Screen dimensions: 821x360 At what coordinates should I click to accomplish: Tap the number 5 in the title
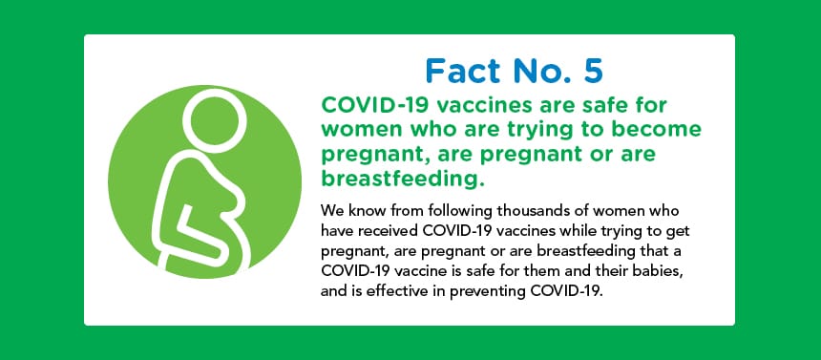pyautogui.click(x=594, y=71)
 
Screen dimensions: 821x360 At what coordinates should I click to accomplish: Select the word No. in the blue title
pyautogui.click(x=543, y=71)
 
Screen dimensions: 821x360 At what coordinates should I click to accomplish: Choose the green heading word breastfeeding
pyautogui.click(x=400, y=179)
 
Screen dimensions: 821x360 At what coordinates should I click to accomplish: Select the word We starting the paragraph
pyautogui.click(x=330, y=212)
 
